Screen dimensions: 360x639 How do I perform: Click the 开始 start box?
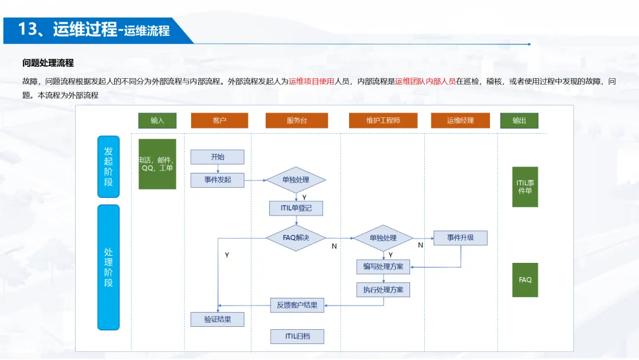[x=217, y=157]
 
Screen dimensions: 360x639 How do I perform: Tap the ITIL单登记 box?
[x=296, y=208]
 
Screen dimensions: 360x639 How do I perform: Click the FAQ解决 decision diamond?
[x=296, y=238]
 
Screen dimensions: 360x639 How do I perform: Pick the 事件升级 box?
[x=460, y=238]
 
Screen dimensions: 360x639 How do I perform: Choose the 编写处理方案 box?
[x=383, y=266]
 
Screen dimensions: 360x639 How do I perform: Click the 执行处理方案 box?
[x=383, y=290]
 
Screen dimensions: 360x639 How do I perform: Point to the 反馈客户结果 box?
[x=297, y=305]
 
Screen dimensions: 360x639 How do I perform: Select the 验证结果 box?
[x=217, y=320]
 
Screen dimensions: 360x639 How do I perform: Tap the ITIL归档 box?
[x=297, y=336]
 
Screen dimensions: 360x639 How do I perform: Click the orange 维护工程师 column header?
[x=383, y=120]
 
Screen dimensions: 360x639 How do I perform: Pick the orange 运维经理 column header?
[x=460, y=120]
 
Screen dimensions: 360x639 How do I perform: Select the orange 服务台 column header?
[x=296, y=120]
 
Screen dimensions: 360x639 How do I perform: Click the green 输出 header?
[x=519, y=120]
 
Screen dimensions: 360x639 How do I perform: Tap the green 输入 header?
[x=157, y=120]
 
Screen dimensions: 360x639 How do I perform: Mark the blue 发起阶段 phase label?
[x=108, y=166]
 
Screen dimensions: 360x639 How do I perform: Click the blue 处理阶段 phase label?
[x=108, y=267]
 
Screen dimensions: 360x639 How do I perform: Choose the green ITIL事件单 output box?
[x=525, y=187]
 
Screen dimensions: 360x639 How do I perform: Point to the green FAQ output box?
[x=525, y=279]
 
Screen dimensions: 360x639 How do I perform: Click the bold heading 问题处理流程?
[x=48, y=63]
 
